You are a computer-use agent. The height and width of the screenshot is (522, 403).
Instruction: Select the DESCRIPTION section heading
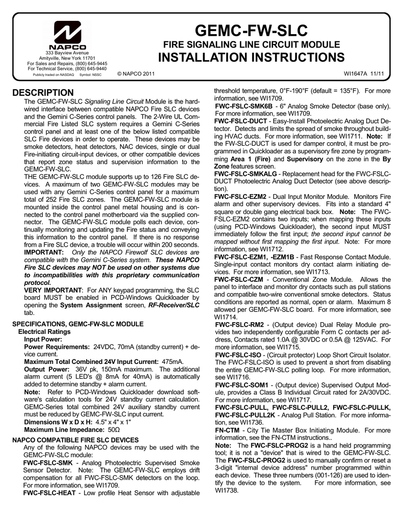coord(43,93)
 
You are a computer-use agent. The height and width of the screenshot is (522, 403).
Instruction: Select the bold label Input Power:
coord(43,338)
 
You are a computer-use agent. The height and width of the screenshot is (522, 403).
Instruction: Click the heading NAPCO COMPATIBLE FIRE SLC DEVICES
coord(75,439)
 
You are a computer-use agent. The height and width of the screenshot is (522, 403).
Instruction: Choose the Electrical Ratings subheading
coord(44,331)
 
